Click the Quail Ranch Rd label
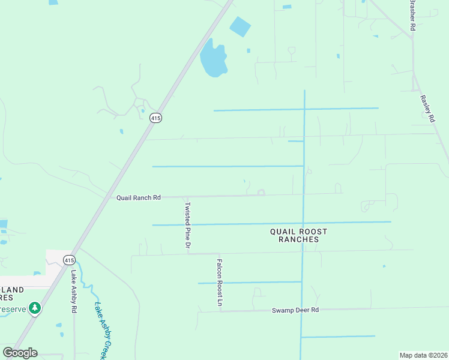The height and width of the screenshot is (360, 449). [139, 197]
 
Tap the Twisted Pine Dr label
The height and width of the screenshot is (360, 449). [187, 225]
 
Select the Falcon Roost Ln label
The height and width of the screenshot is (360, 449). [220, 283]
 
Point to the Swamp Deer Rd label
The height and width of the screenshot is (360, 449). [295, 310]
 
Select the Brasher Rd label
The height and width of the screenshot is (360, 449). [412, 16]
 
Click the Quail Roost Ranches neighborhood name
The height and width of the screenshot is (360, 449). [298, 235]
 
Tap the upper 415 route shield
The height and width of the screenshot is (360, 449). [155, 118]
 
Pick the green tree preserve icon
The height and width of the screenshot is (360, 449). [35, 308]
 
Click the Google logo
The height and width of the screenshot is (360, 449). [20, 353]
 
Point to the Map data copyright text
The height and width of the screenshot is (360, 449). [423, 355]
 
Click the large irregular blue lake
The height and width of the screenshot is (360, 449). [213, 58]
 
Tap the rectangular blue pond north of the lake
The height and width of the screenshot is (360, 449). [240, 26]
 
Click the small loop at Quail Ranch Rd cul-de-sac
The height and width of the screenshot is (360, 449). [261, 193]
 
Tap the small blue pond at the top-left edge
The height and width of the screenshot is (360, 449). [53, 2]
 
